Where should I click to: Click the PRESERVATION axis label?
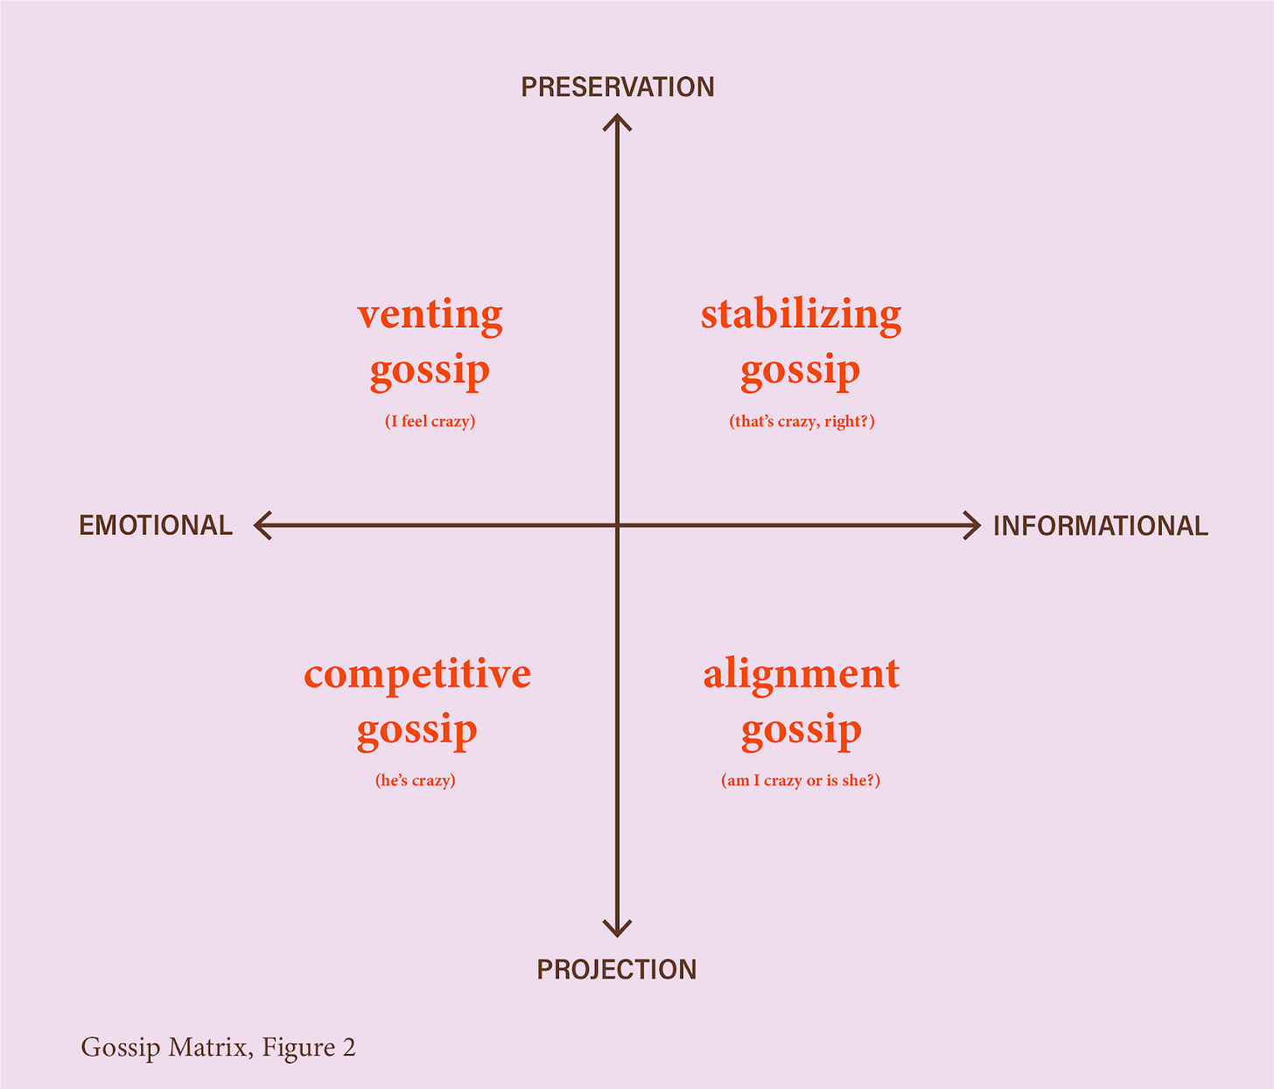coord(618,88)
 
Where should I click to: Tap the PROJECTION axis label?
coord(617,970)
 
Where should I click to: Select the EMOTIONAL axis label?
coord(156,525)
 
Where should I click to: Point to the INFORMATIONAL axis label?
coord(1100,526)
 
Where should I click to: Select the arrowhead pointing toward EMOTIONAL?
coord(260,525)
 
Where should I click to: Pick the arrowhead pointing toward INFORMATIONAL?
coord(974,525)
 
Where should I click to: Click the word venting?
coord(430,314)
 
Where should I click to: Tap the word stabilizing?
coord(801,314)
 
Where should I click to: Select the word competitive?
coord(417,674)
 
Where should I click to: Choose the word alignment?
coord(801,674)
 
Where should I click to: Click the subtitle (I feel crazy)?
coord(430,421)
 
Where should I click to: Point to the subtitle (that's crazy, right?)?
coord(801,421)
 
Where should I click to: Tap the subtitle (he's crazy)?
coord(416,780)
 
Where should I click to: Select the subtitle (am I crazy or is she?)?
coord(801,780)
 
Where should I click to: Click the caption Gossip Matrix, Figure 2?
coord(218,1048)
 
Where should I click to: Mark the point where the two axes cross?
coord(618,525)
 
